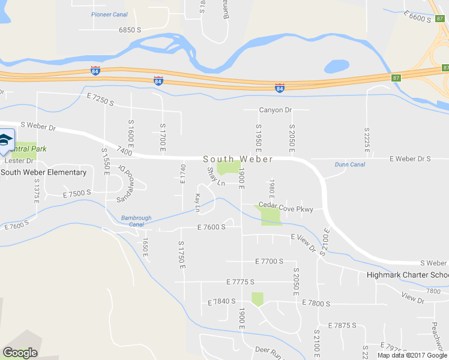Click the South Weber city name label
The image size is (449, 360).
click(238, 159)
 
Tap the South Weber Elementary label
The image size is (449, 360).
click(44, 173)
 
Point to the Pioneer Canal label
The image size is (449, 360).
click(109, 14)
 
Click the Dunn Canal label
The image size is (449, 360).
click(350, 164)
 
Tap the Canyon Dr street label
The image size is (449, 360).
click(276, 110)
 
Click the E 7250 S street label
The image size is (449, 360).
click(100, 100)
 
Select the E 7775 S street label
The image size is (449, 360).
click(241, 281)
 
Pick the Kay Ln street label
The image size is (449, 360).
click(197, 202)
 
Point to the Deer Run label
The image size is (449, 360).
click(268, 349)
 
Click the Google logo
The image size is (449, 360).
click(20, 353)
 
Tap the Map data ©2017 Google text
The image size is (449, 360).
click(412, 355)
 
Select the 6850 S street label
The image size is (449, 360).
click(130, 29)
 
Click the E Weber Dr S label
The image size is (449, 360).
click(410, 159)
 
